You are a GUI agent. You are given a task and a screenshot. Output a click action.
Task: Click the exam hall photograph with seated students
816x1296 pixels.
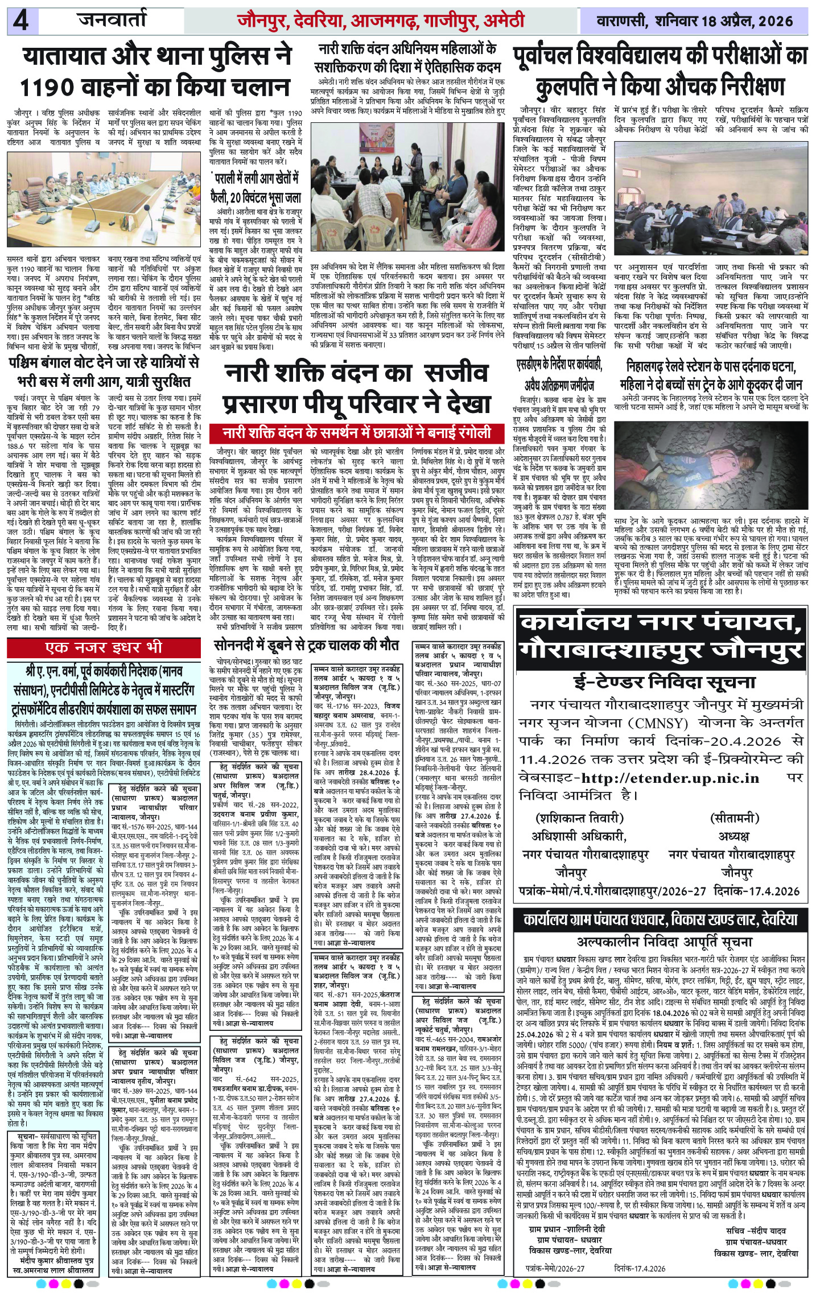(x=711, y=198)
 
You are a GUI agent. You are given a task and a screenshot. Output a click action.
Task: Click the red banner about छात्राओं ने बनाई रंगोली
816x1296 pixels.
(x=357, y=433)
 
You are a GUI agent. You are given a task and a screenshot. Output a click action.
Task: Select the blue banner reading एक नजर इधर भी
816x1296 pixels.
(x=104, y=647)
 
